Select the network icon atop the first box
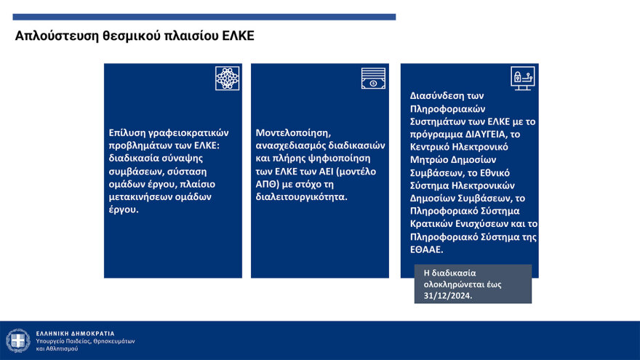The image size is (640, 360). coord(227,79)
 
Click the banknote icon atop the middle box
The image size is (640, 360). coord(373,79)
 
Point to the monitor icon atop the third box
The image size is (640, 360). coord(523,79)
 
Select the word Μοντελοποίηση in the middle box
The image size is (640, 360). coord(292,133)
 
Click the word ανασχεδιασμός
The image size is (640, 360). coord(292,145)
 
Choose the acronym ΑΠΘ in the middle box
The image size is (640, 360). coord(269,184)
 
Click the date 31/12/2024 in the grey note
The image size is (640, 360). coord(443,295)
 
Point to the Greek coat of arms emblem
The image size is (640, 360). coord(17,340)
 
